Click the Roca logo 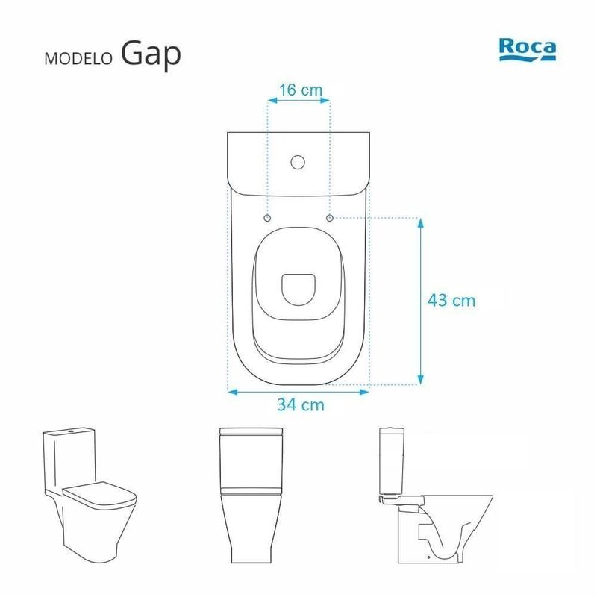click(528, 49)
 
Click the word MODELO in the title click(78, 59)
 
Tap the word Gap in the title click(151, 54)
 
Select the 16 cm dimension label click(301, 90)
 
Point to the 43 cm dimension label click(451, 301)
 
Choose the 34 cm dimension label click(301, 404)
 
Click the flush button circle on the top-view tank click(298, 162)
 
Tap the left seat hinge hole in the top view click(267, 218)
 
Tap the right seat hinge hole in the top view click(330, 218)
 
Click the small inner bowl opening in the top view click(298, 290)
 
